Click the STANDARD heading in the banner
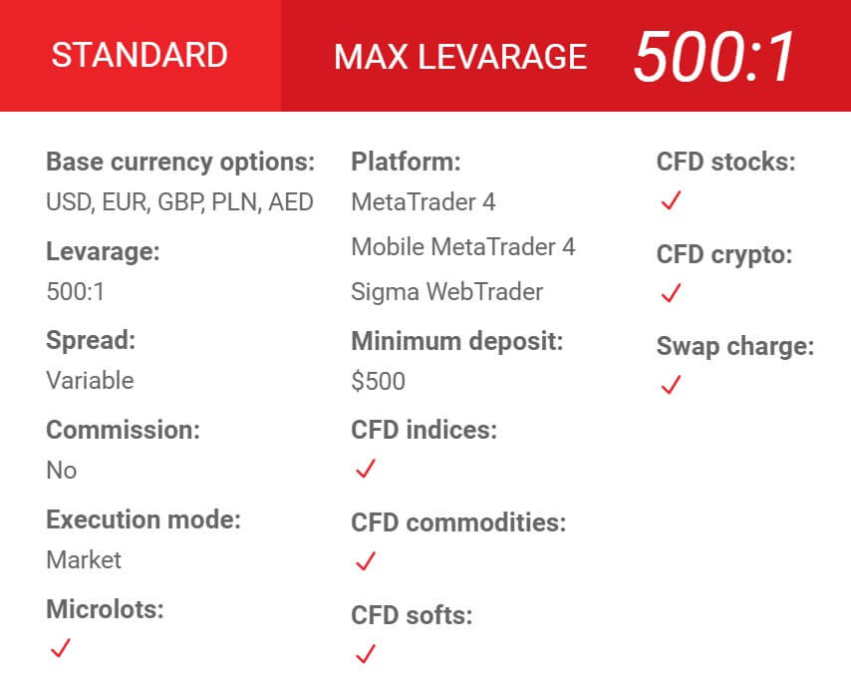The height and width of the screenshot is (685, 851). coord(140,55)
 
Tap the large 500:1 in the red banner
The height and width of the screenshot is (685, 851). coord(714,57)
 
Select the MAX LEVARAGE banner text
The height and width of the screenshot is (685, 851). coord(460,57)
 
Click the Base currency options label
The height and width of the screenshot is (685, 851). coord(180,163)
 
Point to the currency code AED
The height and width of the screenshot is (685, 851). coord(291,202)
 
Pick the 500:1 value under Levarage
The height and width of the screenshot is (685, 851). coord(76,292)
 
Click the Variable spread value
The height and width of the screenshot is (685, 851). coord(90,380)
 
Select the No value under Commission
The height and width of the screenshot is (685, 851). coord(62,470)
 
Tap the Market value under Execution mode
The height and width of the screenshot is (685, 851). coord(84,559)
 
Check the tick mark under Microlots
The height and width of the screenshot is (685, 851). coord(60,648)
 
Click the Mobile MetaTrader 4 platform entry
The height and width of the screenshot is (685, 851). coord(463,247)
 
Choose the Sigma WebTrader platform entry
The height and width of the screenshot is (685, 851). coord(447,292)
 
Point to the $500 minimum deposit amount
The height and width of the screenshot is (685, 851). coord(379,381)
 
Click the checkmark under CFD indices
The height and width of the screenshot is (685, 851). coord(366,469)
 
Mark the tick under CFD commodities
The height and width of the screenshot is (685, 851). coord(366,561)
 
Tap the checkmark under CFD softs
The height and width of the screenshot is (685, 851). coord(366,654)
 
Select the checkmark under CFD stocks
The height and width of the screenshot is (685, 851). coord(671,200)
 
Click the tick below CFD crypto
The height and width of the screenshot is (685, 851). coord(671,293)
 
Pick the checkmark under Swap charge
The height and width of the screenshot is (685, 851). coord(671,385)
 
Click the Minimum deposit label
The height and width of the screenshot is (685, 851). coord(457,341)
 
